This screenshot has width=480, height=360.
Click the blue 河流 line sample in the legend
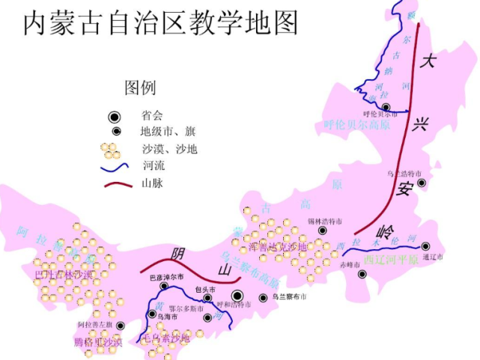pyautogui.click(x=112, y=165)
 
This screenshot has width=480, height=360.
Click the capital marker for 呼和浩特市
pyautogui.click(x=237, y=296)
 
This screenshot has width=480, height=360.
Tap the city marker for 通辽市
pyautogui.click(x=426, y=246)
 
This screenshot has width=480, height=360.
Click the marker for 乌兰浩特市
pyautogui.click(x=422, y=183)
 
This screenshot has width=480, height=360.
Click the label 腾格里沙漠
pyautogui.click(x=98, y=343)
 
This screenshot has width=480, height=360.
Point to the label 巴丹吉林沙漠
pyautogui.click(x=63, y=274)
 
